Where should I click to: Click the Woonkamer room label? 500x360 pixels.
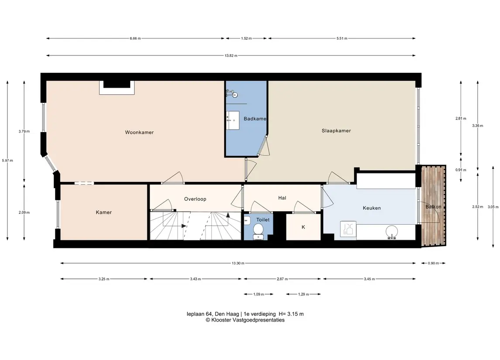(x=139, y=132)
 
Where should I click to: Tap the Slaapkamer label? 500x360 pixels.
(x=336, y=130)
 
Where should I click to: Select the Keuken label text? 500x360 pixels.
(x=372, y=208)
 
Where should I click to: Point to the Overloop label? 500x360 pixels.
(x=195, y=199)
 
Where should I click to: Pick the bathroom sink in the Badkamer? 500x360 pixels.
(x=233, y=120)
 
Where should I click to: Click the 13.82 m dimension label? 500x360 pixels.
(x=231, y=55)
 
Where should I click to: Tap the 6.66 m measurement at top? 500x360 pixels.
(x=135, y=38)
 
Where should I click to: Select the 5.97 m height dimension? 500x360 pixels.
(x=7, y=161)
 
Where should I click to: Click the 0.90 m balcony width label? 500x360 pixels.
(x=433, y=263)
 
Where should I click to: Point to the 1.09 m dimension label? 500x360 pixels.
(x=259, y=295)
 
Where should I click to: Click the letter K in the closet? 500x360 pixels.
(x=303, y=227)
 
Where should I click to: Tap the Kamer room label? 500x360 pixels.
(x=103, y=213)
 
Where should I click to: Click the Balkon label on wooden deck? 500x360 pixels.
(x=433, y=207)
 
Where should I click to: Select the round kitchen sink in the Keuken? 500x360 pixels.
(x=392, y=232)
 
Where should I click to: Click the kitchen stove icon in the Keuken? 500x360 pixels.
(x=348, y=229)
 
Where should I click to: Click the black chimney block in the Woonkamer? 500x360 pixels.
(x=117, y=84)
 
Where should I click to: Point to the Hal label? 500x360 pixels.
(x=282, y=198)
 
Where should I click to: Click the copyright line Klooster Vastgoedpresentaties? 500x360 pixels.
(x=245, y=320)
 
